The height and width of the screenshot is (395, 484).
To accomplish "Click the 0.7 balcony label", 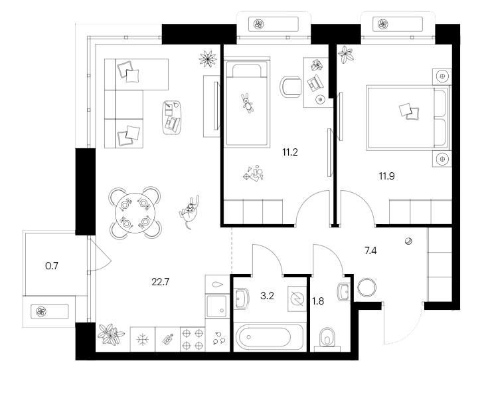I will click(52, 267).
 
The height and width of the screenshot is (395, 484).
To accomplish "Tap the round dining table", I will click(135, 212).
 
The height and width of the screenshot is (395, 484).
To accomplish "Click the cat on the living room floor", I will click(190, 211).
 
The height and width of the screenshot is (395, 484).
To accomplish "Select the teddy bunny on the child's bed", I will click(248, 103).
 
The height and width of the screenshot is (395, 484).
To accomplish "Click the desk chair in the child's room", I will click(290, 86).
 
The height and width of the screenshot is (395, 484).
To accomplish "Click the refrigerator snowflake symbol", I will click(141, 338).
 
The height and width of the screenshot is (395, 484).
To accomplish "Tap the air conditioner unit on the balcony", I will click(50, 311).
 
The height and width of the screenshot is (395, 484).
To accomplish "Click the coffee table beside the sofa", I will click(172, 116).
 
